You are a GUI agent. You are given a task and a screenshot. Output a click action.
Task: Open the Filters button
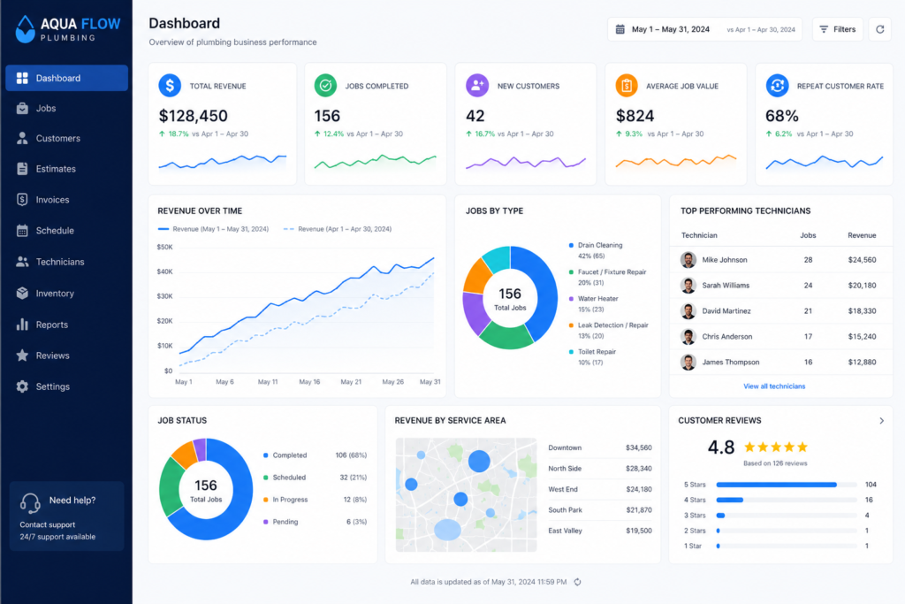click(x=838, y=29)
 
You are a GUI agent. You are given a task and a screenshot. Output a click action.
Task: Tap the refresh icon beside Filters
click(x=879, y=29)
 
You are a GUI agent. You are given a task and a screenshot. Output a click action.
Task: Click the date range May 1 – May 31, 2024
click(x=671, y=29)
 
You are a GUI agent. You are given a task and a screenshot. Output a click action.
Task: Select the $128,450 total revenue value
click(x=194, y=116)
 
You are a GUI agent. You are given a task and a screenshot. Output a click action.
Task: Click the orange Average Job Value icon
click(x=627, y=86)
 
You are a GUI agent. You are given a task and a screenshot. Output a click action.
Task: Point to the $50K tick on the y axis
click(x=164, y=247)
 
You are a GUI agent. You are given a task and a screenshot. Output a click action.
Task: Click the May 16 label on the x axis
click(x=309, y=382)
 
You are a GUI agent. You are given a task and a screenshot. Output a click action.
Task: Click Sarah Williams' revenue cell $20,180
click(x=862, y=286)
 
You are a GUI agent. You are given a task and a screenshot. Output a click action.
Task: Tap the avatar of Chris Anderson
click(x=688, y=337)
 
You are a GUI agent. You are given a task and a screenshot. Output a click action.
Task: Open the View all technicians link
click(x=774, y=386)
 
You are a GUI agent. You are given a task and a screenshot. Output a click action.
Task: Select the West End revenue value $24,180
click(x=639, y=489)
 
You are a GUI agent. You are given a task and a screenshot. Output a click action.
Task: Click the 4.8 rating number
click(x=721, y=447)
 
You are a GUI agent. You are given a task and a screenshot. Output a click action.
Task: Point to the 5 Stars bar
click(x=776, y=485)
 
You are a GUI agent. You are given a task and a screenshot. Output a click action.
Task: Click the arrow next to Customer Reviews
click(x=881, y=420)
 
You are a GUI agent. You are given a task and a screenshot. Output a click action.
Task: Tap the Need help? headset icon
click(x=30, y=503)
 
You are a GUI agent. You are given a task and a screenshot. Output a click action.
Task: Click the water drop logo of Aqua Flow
click(x=25, y=29)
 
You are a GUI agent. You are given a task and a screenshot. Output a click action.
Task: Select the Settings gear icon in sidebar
click(x=22, y=386)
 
